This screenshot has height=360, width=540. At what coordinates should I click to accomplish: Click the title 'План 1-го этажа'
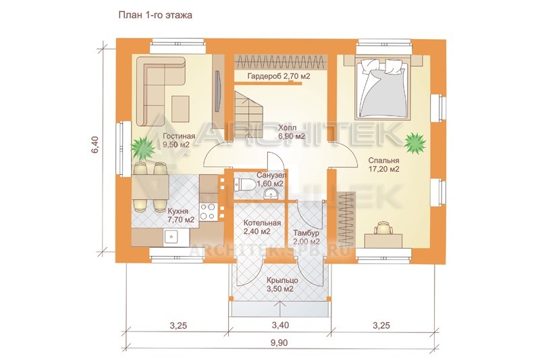[155, 16]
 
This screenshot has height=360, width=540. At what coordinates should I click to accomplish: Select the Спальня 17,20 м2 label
[383, 165]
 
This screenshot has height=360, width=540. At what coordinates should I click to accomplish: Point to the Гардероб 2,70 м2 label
[279, 76]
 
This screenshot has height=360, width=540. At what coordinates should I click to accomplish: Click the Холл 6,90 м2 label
[292, 132]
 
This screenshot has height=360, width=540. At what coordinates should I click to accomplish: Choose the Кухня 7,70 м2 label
[180, 215]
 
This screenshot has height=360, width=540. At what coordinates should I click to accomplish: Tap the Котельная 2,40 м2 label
[262, 227]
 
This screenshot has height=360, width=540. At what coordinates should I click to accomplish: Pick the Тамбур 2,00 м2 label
[306, 237]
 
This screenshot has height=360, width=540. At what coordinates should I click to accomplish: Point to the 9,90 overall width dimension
[279, 343]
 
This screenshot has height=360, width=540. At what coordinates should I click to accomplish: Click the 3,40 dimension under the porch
[280, 325]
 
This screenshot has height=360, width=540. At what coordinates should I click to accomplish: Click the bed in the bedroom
[383, 87]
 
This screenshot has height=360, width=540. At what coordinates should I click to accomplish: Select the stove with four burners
[208, 211]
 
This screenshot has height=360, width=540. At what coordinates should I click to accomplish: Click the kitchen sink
[171, 236]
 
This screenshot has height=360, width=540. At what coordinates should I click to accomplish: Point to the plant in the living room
[143, 147]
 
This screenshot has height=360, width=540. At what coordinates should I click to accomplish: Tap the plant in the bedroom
[415, 142]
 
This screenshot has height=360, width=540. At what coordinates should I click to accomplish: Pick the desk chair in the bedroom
[383, 228]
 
